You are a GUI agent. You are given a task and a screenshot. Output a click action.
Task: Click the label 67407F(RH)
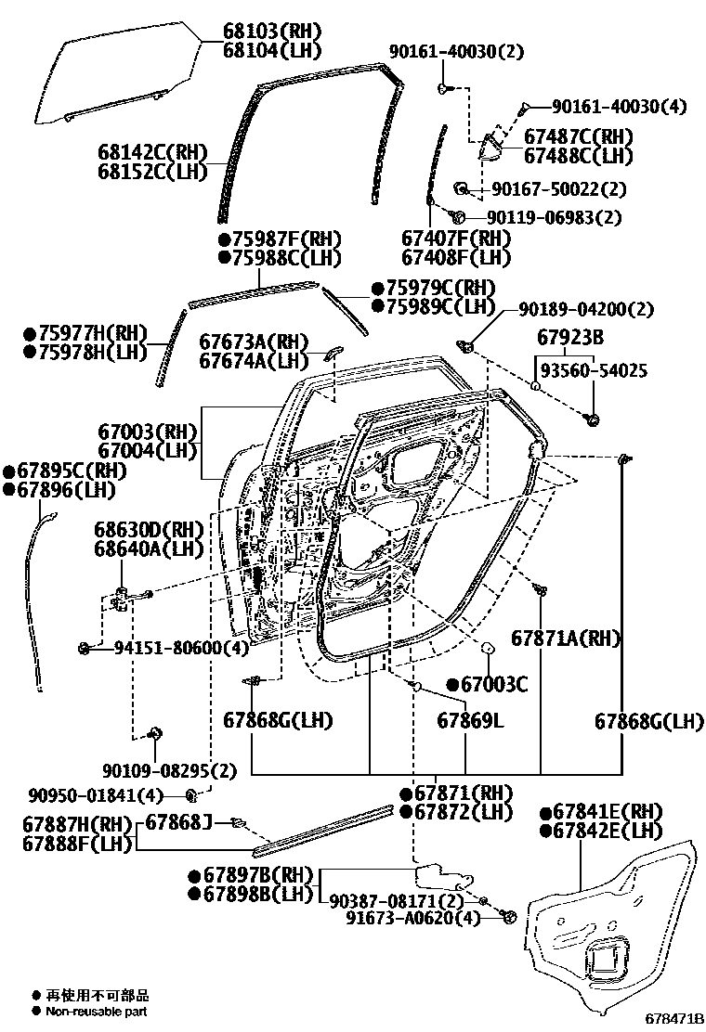(456, 239)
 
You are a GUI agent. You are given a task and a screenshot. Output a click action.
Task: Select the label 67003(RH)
(148, 432)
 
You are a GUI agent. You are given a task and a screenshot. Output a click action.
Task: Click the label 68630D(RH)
(148, 530)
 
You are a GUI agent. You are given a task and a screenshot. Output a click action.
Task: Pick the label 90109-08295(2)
(170, 769)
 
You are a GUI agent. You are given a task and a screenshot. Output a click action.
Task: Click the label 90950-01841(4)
(96, 795)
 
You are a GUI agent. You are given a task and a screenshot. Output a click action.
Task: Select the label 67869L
(470, 721)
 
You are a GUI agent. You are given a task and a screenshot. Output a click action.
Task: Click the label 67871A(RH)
(566, 639)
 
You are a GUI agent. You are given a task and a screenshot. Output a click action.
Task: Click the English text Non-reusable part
(97, 1012)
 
